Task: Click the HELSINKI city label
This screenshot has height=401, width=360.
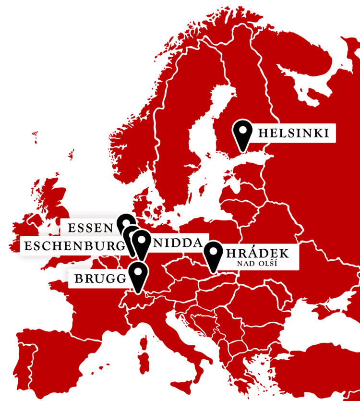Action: click(x=293, y=133)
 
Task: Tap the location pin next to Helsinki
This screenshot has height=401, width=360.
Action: click(x=243, y=134)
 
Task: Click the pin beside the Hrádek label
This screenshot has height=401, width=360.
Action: click(x=213, y=255)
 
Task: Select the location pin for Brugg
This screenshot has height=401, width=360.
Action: click(x=138, y=276)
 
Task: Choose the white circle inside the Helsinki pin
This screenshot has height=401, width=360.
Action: click(x=243, y=129)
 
